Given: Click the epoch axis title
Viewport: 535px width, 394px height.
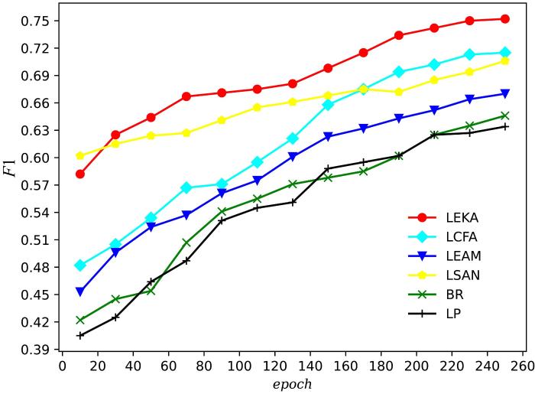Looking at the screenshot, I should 292,383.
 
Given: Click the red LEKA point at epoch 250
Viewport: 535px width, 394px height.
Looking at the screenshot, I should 505,19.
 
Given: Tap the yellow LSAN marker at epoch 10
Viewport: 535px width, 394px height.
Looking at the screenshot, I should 79,155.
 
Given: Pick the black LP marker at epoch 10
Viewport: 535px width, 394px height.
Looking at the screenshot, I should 79,335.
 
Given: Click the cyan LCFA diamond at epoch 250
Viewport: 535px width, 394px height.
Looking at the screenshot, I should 505,53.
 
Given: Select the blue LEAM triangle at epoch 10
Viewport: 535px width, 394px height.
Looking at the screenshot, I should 79,291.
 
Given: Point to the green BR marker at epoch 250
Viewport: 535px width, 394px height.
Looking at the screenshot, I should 505,116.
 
